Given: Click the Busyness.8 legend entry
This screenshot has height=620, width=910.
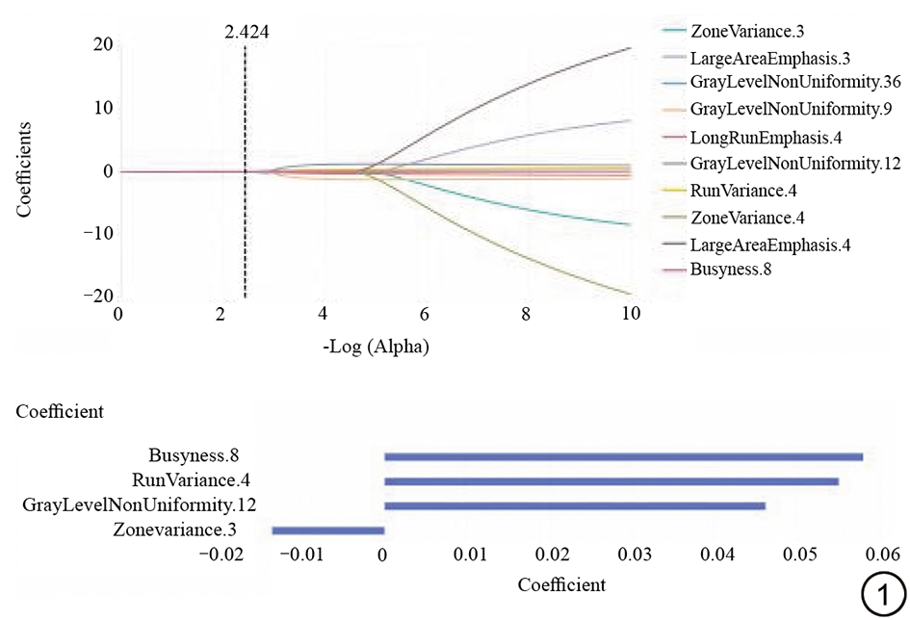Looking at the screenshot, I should pos(732,270).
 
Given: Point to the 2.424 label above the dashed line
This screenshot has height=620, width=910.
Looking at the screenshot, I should pos(247,32).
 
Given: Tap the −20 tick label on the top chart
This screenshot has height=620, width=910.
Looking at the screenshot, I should pos(97,296).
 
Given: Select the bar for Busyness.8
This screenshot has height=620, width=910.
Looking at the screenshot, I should pos(623,456).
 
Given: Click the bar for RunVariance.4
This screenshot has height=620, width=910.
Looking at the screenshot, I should pos(611,481).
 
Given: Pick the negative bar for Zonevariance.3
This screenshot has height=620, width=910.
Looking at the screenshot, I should pos(328,530).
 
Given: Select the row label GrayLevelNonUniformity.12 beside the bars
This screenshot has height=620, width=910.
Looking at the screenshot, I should pos(140,504).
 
